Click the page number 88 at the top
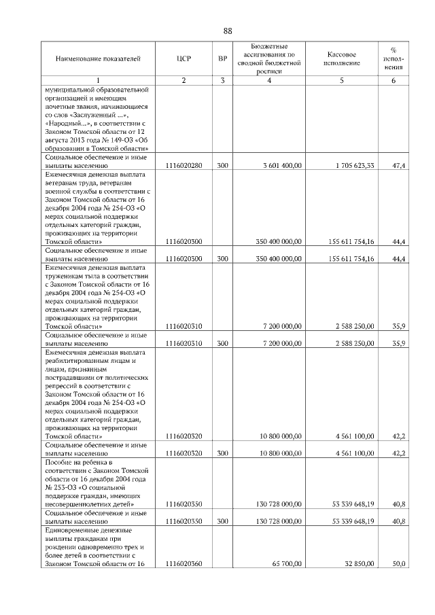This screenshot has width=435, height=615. tap(228, 31)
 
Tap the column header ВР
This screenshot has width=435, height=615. tap(222, 59)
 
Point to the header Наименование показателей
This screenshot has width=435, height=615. tap(99, 59)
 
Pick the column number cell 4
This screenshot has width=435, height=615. tap(270, 82)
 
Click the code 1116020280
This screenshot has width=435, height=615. tap(184, 165)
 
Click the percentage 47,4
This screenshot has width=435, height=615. tap(399, 165)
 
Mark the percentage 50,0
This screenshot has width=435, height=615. tap(399, 564)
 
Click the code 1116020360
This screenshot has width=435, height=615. tap(184, 564)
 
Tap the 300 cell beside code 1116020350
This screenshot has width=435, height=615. tap(222, 521)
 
